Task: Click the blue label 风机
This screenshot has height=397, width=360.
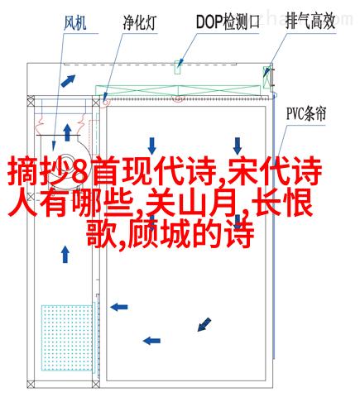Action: (x=75, y=23)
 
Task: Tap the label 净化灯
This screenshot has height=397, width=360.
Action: (x=140, y=22)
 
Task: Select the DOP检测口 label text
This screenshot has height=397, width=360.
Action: (x=228, y=22)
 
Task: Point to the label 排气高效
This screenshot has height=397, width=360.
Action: (x=310, y=22)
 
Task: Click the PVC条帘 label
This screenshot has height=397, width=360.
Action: (x=306, y=114)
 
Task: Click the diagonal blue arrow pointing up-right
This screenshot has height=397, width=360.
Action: (x=68, y=80)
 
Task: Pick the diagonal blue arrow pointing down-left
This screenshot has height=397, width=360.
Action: (x=204, y=324)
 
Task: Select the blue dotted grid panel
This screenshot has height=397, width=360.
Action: (x=67, y=337)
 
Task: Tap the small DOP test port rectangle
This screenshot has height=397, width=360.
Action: (x=178, y=67)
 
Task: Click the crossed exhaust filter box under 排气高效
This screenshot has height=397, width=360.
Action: (x=266, y=77)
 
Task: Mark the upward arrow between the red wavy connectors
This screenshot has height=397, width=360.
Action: (x=67, y=132)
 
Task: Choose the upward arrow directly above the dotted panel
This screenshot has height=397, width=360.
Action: (x=65, y=254)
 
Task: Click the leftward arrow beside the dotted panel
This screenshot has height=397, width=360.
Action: (x=119, y=307)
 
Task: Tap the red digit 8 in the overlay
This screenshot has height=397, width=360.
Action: (x=81, y=170)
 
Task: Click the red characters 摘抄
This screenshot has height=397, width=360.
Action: (x=38, y=170)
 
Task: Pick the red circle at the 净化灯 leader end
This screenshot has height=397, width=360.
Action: (x=105, y=103)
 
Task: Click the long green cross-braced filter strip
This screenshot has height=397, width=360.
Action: (x=178, y=91)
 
